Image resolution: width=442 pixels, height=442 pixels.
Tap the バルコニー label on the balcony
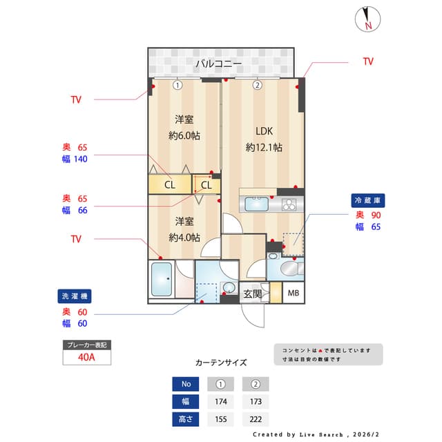pos(218,64)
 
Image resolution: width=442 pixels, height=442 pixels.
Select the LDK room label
pos(264,131)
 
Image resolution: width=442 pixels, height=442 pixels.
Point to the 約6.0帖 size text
pos(184,135)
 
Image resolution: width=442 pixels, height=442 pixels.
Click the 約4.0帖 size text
pos(184,237)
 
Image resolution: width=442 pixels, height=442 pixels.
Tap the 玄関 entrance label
pos(252,294)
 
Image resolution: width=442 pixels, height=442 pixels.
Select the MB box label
pos(294,294)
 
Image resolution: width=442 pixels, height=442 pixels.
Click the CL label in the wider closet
pos(169,184)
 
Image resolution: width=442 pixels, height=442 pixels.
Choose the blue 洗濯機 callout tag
pos(74,296)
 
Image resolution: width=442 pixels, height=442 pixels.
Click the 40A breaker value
pos(87,358)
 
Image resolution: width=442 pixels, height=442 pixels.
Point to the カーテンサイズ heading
pos(220,362)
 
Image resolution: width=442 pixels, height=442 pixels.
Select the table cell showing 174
pos(220,401)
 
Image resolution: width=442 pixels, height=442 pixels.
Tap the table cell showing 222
pos(256,419)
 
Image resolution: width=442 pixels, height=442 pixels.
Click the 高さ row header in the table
pos(185,419)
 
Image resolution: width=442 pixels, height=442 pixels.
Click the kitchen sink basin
pos(258,204)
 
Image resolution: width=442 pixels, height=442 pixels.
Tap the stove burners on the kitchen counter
pos(288,204)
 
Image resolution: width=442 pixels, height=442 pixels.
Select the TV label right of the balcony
pos(368,61)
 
